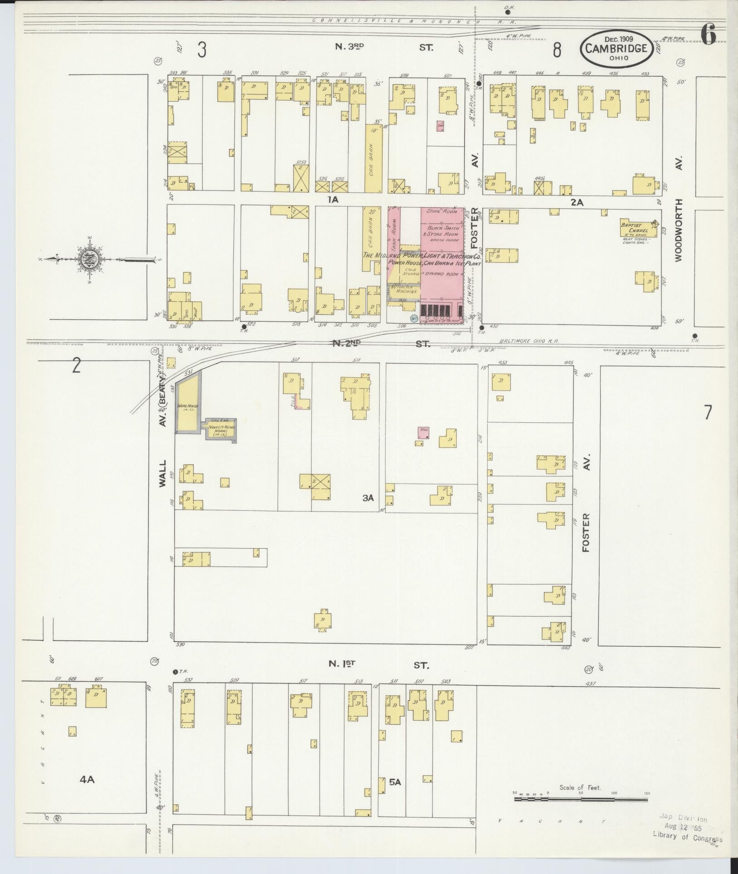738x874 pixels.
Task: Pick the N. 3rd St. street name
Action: click(388, 46)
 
